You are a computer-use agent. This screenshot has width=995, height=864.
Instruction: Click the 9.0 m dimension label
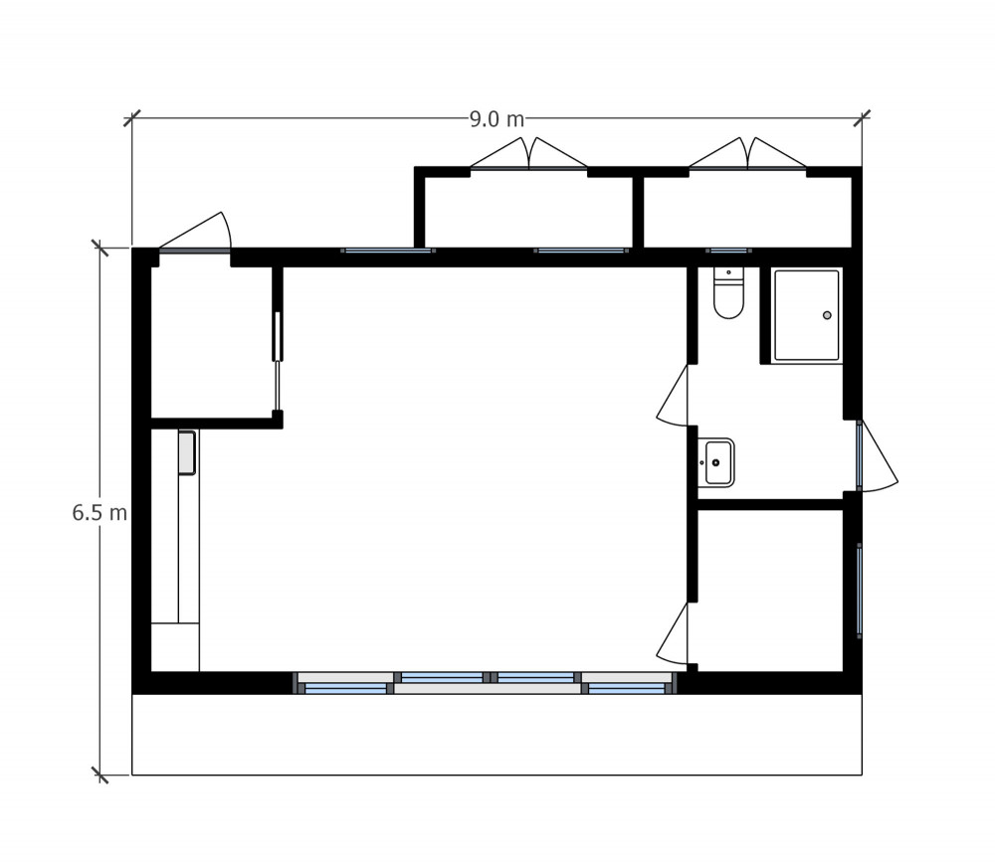pyautogui.click(x=497, y=119)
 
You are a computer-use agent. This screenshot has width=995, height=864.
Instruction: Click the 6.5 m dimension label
pyautogui.click(x=99, y=513)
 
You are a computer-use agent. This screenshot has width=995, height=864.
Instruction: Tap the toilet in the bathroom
pyautogui.click(x=728, y=296)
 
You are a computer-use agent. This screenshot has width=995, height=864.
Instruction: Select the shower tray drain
pyautogui.click(x=827, y=315)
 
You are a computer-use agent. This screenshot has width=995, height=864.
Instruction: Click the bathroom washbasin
pyautogui.click(x=716, y=462)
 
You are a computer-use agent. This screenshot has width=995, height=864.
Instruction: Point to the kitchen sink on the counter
pyautogui.click(x=187, y=452)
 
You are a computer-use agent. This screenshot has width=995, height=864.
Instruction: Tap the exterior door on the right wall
pyautogui.click(x=876, y=455)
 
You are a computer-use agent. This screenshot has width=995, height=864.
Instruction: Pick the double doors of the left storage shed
pyautogui.click(x=529, y=154)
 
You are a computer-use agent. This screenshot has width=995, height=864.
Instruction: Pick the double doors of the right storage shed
pyautogui.click(x=747, y=154)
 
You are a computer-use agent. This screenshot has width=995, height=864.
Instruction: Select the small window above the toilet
pyautogui.click(x=728, y=251)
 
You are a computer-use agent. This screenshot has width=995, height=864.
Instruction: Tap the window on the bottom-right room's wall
pyautogui.click(x=860, y=588)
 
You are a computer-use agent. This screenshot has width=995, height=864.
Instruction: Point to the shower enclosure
pyautogui.click(x=807, y=315)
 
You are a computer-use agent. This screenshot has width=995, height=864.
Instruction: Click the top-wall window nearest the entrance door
pyautogui.click(x=387, y=251)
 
